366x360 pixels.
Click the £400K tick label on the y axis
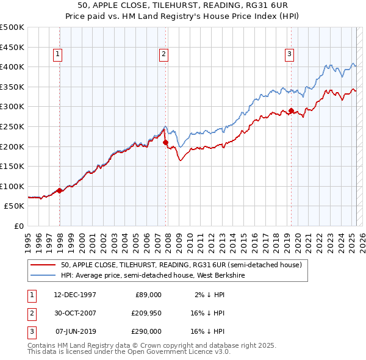click(x=12, y=67)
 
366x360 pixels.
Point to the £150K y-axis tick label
click(x=12, y=166)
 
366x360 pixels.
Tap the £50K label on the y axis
click(x=15, y=206)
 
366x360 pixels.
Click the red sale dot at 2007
click(x=166, y=143)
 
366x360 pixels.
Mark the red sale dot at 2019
click(x=291, y=111)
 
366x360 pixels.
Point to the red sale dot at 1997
click(x=59, y=190)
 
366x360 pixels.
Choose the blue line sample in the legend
click(x=43, y=275)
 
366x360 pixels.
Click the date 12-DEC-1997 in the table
click(x=75, y=295)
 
